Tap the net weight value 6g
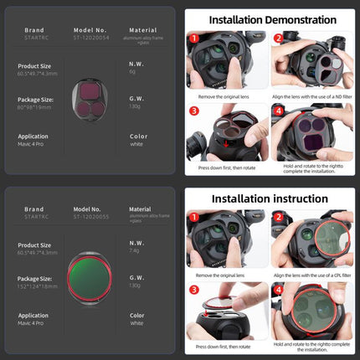(x=134, y=71)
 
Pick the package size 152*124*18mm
(x=38, y=285)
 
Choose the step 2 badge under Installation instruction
(x=277, y=217)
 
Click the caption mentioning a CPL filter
(x=311, y=275)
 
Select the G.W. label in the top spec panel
(x=137, y=98)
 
